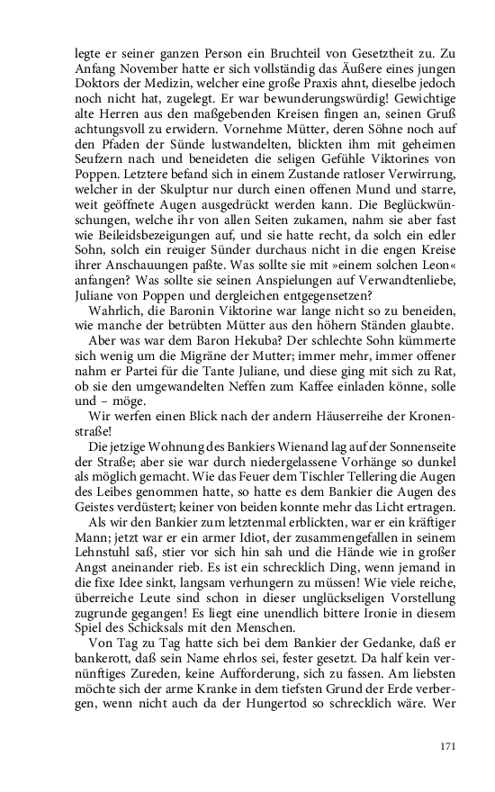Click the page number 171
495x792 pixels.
447,746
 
